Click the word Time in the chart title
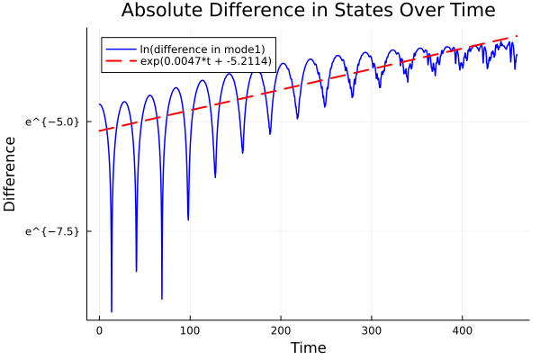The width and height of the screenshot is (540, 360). (464, 11)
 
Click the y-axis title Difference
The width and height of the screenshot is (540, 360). (11, 174)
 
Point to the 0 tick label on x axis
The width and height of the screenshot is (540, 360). (99, 330)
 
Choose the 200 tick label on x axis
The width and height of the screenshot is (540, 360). (281, 330)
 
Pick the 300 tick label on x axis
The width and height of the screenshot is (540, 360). (372, 330)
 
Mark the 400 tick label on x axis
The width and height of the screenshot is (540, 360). (462, 330)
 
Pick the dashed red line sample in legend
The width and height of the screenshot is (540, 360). (120, 63)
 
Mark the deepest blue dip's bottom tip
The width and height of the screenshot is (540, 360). (112, 311)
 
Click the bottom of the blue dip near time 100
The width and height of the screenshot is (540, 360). (188, 220)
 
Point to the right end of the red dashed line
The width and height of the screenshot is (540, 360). (517, 36)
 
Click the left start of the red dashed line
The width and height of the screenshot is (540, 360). (99, 130)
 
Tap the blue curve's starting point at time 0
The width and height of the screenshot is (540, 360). (99, 104)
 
